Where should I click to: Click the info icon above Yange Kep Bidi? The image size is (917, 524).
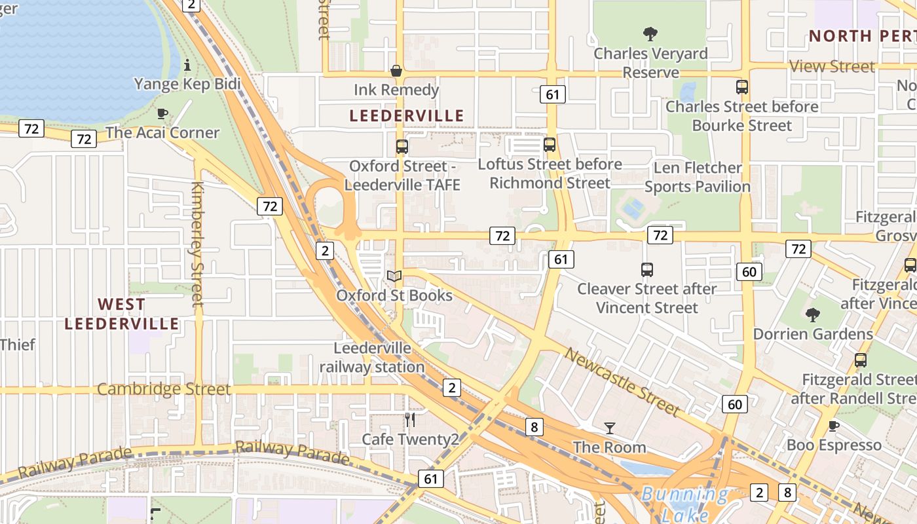[188, 65]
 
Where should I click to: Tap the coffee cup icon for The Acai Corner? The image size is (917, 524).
[162, 113]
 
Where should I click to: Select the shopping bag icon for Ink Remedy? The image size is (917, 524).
[396, 71]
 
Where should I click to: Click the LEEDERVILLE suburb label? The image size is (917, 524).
[406, 116]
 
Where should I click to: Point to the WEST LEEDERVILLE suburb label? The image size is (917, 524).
[122, 314]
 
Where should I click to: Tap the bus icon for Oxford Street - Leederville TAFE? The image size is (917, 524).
[402, 147]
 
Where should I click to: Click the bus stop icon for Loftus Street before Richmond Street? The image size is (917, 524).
[550, 145]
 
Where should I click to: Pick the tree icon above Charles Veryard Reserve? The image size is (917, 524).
[650, 34]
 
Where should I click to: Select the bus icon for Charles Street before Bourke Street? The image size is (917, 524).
[742, 87]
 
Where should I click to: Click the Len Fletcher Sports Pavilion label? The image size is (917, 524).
[698, 177]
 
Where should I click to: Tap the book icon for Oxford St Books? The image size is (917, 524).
[394, 276]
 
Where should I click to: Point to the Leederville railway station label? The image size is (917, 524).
[372, 357]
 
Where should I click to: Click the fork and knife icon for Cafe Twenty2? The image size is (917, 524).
[410, 420]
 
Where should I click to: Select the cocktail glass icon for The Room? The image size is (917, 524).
[610, 428]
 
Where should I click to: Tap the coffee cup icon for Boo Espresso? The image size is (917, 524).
[834, 426]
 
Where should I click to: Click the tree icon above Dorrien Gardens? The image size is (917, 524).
[813, 315]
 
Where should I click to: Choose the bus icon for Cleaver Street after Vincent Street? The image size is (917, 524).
[647, 269]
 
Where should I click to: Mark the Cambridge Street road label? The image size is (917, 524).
[164, 389]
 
